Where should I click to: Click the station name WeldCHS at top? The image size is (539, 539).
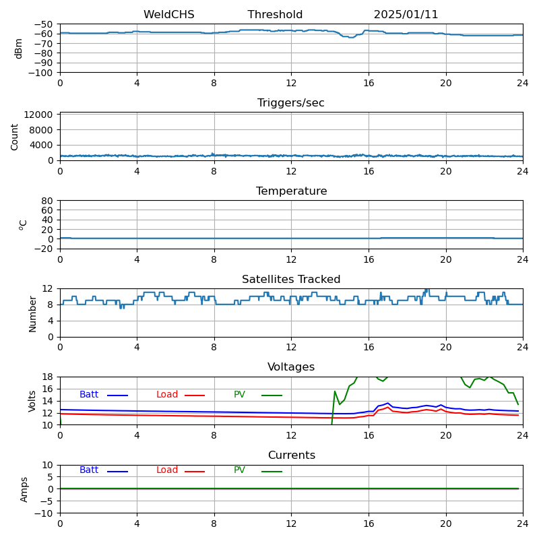168,15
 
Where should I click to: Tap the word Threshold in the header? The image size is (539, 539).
275,15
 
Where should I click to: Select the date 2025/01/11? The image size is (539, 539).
406,15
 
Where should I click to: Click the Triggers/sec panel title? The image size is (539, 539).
291,103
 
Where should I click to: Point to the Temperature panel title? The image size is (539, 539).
291,191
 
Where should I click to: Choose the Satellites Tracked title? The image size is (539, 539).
291,280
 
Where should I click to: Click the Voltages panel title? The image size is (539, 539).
291,367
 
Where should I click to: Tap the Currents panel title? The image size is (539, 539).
291,455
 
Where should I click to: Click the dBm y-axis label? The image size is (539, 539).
19,49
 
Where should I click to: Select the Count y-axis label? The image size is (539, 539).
15,136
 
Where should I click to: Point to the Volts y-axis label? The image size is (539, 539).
32,401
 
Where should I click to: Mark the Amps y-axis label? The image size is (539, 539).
24,489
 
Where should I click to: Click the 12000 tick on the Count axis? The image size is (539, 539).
40,115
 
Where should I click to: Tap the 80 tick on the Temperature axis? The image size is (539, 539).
48,201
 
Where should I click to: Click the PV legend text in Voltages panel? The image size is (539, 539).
239,395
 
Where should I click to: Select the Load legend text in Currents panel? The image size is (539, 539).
167,470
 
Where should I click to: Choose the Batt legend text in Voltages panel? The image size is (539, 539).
89,395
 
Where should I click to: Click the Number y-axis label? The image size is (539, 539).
32,313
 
